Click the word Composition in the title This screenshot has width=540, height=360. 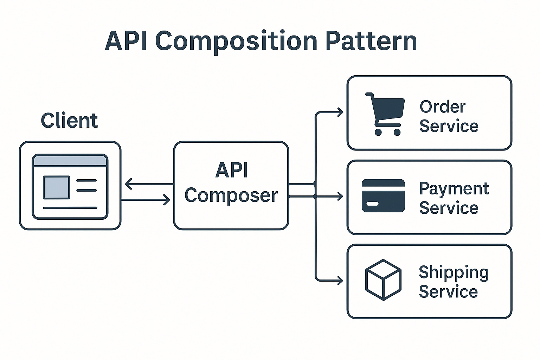click(236, 41)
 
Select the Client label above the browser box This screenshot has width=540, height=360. click(69, 121)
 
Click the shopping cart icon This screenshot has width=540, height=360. click(385, 114)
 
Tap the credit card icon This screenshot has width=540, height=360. click(383, 196)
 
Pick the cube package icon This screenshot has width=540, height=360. click(383, 280)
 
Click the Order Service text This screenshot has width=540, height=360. click(449, 116)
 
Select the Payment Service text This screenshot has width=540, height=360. click(454, 198)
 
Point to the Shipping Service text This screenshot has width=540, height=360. click(453, 282)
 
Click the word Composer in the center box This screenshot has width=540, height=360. click(231, 195)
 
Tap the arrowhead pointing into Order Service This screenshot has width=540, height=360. click(340, 112)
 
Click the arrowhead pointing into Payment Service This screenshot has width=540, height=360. click(340, 196)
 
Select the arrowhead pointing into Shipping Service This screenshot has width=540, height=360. click(340, 280)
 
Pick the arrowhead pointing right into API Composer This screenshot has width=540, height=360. click(167, 200)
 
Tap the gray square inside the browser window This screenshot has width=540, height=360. click(56, 187)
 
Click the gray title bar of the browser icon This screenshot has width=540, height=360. click(70, 161)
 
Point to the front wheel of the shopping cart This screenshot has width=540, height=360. click(397, 132)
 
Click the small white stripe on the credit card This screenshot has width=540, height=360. click(372, 204)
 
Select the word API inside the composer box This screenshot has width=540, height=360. click(232, 171)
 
